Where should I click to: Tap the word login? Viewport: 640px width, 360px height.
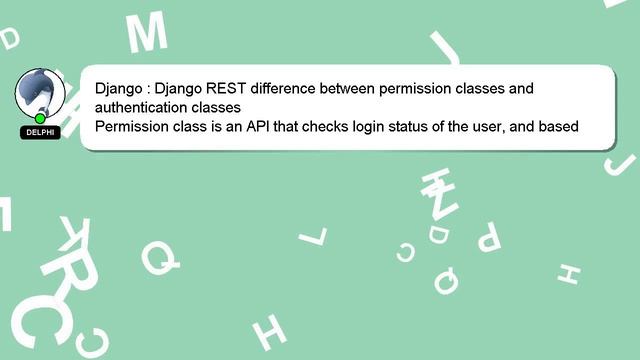point(374,127)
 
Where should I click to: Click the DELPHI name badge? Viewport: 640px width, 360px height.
point(40,132)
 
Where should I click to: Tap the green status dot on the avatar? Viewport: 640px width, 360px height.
point(40,119)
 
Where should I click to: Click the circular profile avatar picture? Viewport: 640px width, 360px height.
point(40,94)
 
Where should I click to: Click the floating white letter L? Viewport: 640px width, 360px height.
point(313,236)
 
